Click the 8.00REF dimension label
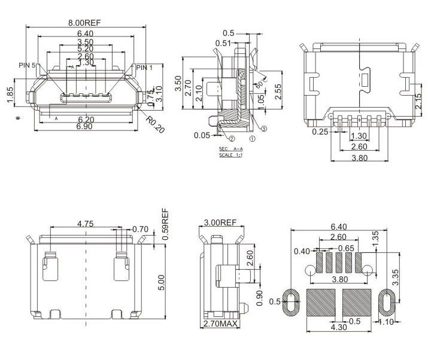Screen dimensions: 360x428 [x=85, y=23]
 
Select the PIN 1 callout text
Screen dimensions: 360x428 [x=144, y=68]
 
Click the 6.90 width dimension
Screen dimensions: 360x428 [x=85, y=127]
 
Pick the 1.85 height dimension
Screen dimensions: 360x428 [x=11, y=94]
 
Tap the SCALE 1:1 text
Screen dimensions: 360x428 [x=231, y=154]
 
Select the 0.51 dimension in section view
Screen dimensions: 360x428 [x=223, y=43]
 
